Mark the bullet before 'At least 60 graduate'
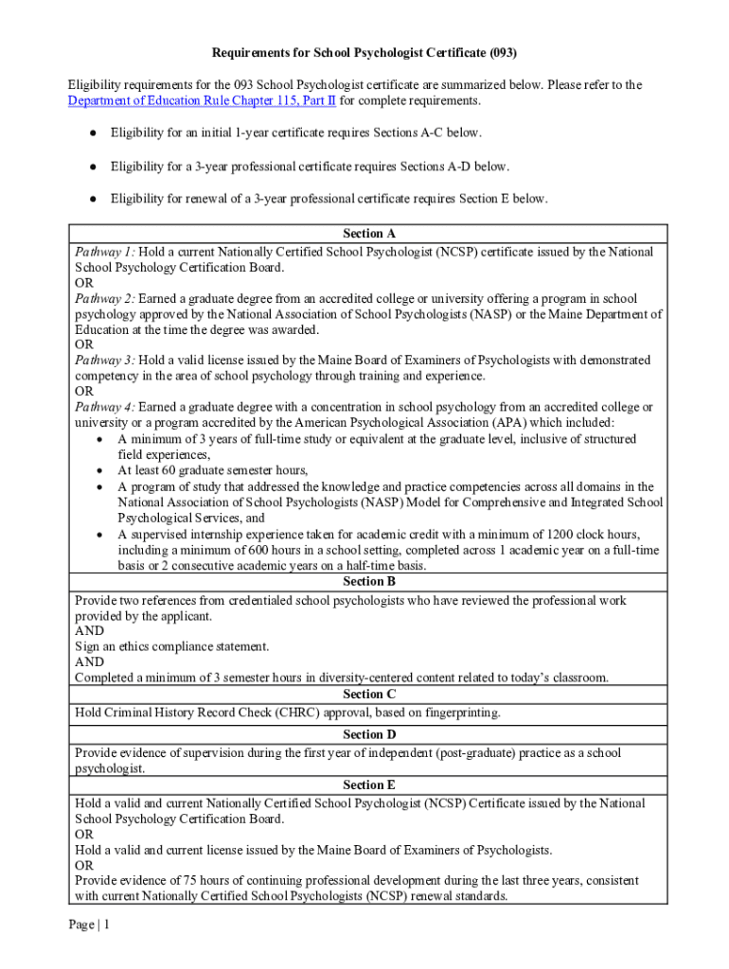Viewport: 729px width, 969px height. click(x=100, y=470)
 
